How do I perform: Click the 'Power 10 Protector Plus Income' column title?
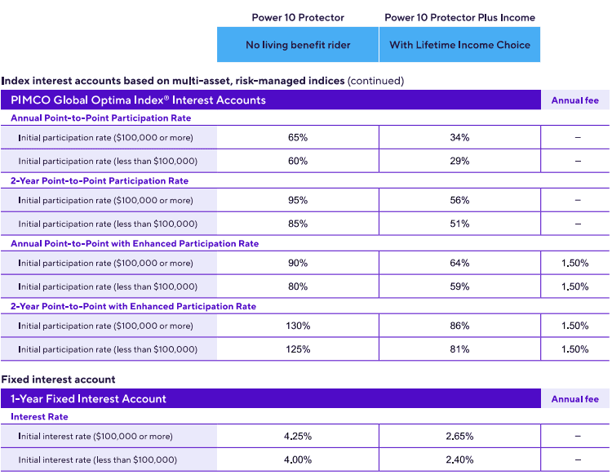point(459,17)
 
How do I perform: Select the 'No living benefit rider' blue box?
point(297,45)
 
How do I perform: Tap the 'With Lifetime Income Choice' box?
point(459,45)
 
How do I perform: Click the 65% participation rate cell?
point(298,137)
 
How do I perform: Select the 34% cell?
point(459,137)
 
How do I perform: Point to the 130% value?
point(298,326)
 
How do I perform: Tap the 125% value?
point(298,349)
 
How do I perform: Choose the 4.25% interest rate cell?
point(298,436)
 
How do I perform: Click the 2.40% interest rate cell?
point(459,459)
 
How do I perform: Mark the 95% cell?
point(298,200)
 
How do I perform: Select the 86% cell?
point(459,326)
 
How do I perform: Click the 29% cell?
point(459,161)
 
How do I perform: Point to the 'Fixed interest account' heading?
point(58,380)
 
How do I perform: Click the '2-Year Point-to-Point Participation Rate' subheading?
point(99,180)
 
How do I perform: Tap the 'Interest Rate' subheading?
point(39,416)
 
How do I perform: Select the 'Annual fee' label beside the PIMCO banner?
point(574,100)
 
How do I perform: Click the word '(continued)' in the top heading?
point(375,81)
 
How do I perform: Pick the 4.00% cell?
point(298,459)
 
